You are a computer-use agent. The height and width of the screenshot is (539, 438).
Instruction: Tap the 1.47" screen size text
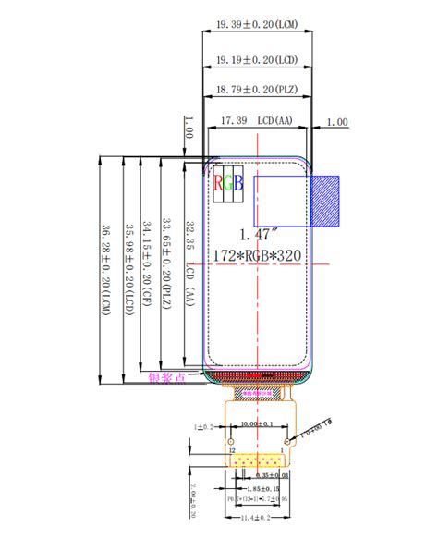pyautogui.click(x=257, y=234)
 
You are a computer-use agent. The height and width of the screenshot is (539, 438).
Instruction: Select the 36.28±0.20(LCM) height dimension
pyautogui.click(x=106, y=269)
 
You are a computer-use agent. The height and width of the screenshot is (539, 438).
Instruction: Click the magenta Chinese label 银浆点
pyautogui.click(x=167, y=377)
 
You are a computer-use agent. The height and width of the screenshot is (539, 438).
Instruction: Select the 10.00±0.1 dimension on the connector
pyautogui.click(x=257, y=423)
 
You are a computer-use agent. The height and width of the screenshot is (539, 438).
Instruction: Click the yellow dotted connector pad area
pyautogui.click(x=257, y=459)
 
